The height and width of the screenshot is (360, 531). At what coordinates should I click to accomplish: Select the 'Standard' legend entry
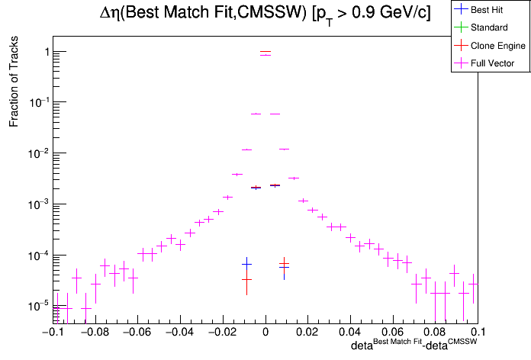tap(489, 27)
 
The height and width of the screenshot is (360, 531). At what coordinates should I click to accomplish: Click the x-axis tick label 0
tap(265, 333)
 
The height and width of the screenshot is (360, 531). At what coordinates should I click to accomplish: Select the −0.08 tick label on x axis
tap(93, 333)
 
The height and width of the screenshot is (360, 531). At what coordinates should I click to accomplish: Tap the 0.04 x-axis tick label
tap(350, 333)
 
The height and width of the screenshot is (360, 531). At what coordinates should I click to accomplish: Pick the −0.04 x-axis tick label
tap(179, 333)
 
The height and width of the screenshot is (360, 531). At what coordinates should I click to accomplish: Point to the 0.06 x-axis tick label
tap(393, 333)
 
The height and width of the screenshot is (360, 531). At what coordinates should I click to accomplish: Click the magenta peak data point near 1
tap(265, 55)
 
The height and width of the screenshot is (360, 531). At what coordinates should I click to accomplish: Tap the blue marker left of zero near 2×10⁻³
tap(256, 187)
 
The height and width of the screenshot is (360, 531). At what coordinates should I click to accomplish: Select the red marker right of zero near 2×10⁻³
tap(275, 185)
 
